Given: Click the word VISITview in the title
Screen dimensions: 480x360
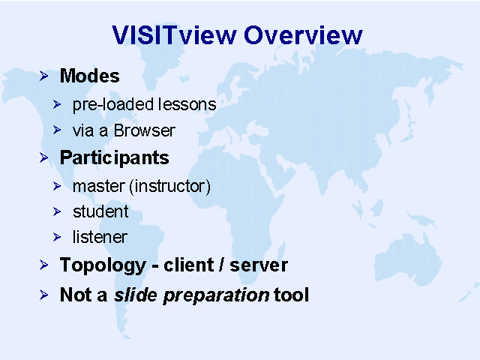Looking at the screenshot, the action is pos(174,35).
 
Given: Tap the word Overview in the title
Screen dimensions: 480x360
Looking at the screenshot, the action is pos(303,35).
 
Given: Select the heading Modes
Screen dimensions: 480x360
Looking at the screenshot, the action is pos(90,76).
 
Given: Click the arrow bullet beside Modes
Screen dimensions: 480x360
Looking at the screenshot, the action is pos(43,76).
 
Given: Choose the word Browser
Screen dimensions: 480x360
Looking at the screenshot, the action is pos(145,130).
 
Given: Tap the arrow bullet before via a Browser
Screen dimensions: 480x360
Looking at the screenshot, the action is pos(57,130).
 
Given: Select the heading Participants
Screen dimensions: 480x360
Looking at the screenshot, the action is pos(114,158).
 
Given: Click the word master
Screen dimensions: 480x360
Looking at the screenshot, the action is pos(99,187).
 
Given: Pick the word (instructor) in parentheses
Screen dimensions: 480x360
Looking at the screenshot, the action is pos(170,187).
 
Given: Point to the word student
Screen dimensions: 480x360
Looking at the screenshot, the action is pos(100,211).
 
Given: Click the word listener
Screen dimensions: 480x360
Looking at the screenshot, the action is pos(100,237).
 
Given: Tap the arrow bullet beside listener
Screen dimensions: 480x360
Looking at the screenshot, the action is pos(57,237).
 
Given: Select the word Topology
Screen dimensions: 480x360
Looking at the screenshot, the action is pos(103,265).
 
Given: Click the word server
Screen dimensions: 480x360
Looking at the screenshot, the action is pos(259,265).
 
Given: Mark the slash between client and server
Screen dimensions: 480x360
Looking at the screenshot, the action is pos(220,265).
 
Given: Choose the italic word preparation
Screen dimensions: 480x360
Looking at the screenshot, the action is pos(216,295).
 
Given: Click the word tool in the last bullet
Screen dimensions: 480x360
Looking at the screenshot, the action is pos(291,295).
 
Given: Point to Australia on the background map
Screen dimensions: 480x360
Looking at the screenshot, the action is pos(408,259).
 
